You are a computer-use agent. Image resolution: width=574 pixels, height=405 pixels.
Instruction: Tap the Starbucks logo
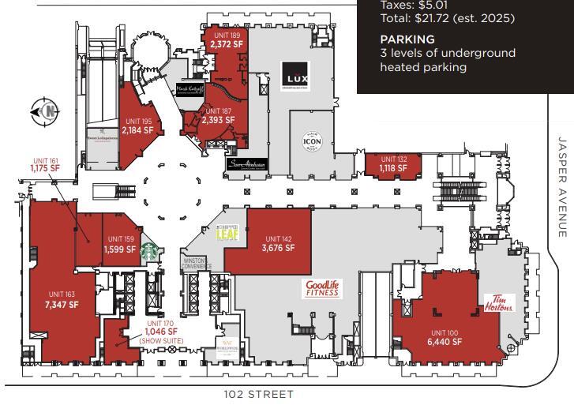(x=150, y=252)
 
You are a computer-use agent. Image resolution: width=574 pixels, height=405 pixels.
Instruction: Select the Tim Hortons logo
(x=499, y=302)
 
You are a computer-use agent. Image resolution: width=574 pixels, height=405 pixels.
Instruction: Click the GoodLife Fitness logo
(x=322, y=288)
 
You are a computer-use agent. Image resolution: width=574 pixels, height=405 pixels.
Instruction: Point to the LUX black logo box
(x=296, y=78)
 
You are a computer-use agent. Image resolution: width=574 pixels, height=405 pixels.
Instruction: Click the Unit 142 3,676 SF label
(x=278, y=243)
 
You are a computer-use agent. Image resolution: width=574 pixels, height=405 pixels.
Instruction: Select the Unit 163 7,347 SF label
(x=62, y=299)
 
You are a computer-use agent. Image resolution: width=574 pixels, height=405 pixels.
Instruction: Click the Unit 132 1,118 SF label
(x=392, y=163)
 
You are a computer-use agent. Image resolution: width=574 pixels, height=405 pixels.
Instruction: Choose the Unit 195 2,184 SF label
(x=137, y=126)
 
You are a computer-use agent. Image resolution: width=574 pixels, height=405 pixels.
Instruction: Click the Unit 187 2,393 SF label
(x=218, y=116)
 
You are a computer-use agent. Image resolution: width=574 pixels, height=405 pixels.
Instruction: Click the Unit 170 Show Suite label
(x=160, y=332)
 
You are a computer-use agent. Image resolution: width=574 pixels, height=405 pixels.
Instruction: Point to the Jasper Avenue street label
(x=562, y=186)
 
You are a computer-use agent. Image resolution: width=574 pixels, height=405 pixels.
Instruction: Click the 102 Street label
(x=259, y=394)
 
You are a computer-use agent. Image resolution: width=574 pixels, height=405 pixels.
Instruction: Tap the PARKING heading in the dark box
(x=407, y=39)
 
